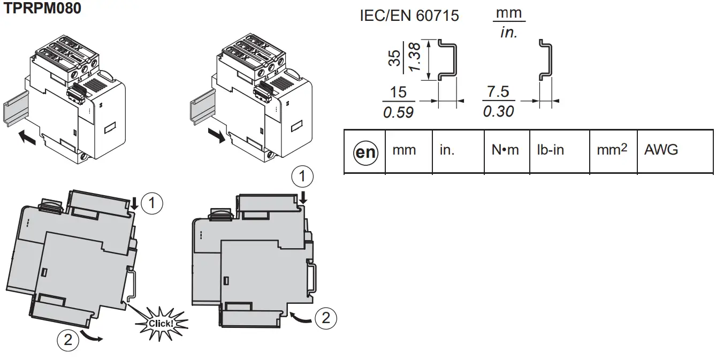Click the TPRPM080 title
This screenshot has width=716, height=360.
tap(43, 9)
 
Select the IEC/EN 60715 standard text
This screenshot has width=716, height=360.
tap(409, 16)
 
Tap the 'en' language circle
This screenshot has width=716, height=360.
tap(365, 152)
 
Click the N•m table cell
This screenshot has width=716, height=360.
tap(505, 150)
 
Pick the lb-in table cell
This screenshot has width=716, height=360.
tap(551, 150)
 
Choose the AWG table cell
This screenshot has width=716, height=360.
tap(661, 150)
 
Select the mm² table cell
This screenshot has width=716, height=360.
tap(612, 150)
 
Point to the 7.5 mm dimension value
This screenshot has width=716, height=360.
tap(498, 91)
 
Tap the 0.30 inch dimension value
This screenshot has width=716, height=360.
tap(498, 111)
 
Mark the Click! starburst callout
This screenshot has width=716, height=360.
tap(161, 323)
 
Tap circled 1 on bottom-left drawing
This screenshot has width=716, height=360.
tap(154, 203)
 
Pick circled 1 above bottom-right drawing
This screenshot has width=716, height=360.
tap(303, 176)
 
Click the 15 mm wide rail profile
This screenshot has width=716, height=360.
tap(448, 59)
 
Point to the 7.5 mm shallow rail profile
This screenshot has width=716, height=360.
tap(545, 59)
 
